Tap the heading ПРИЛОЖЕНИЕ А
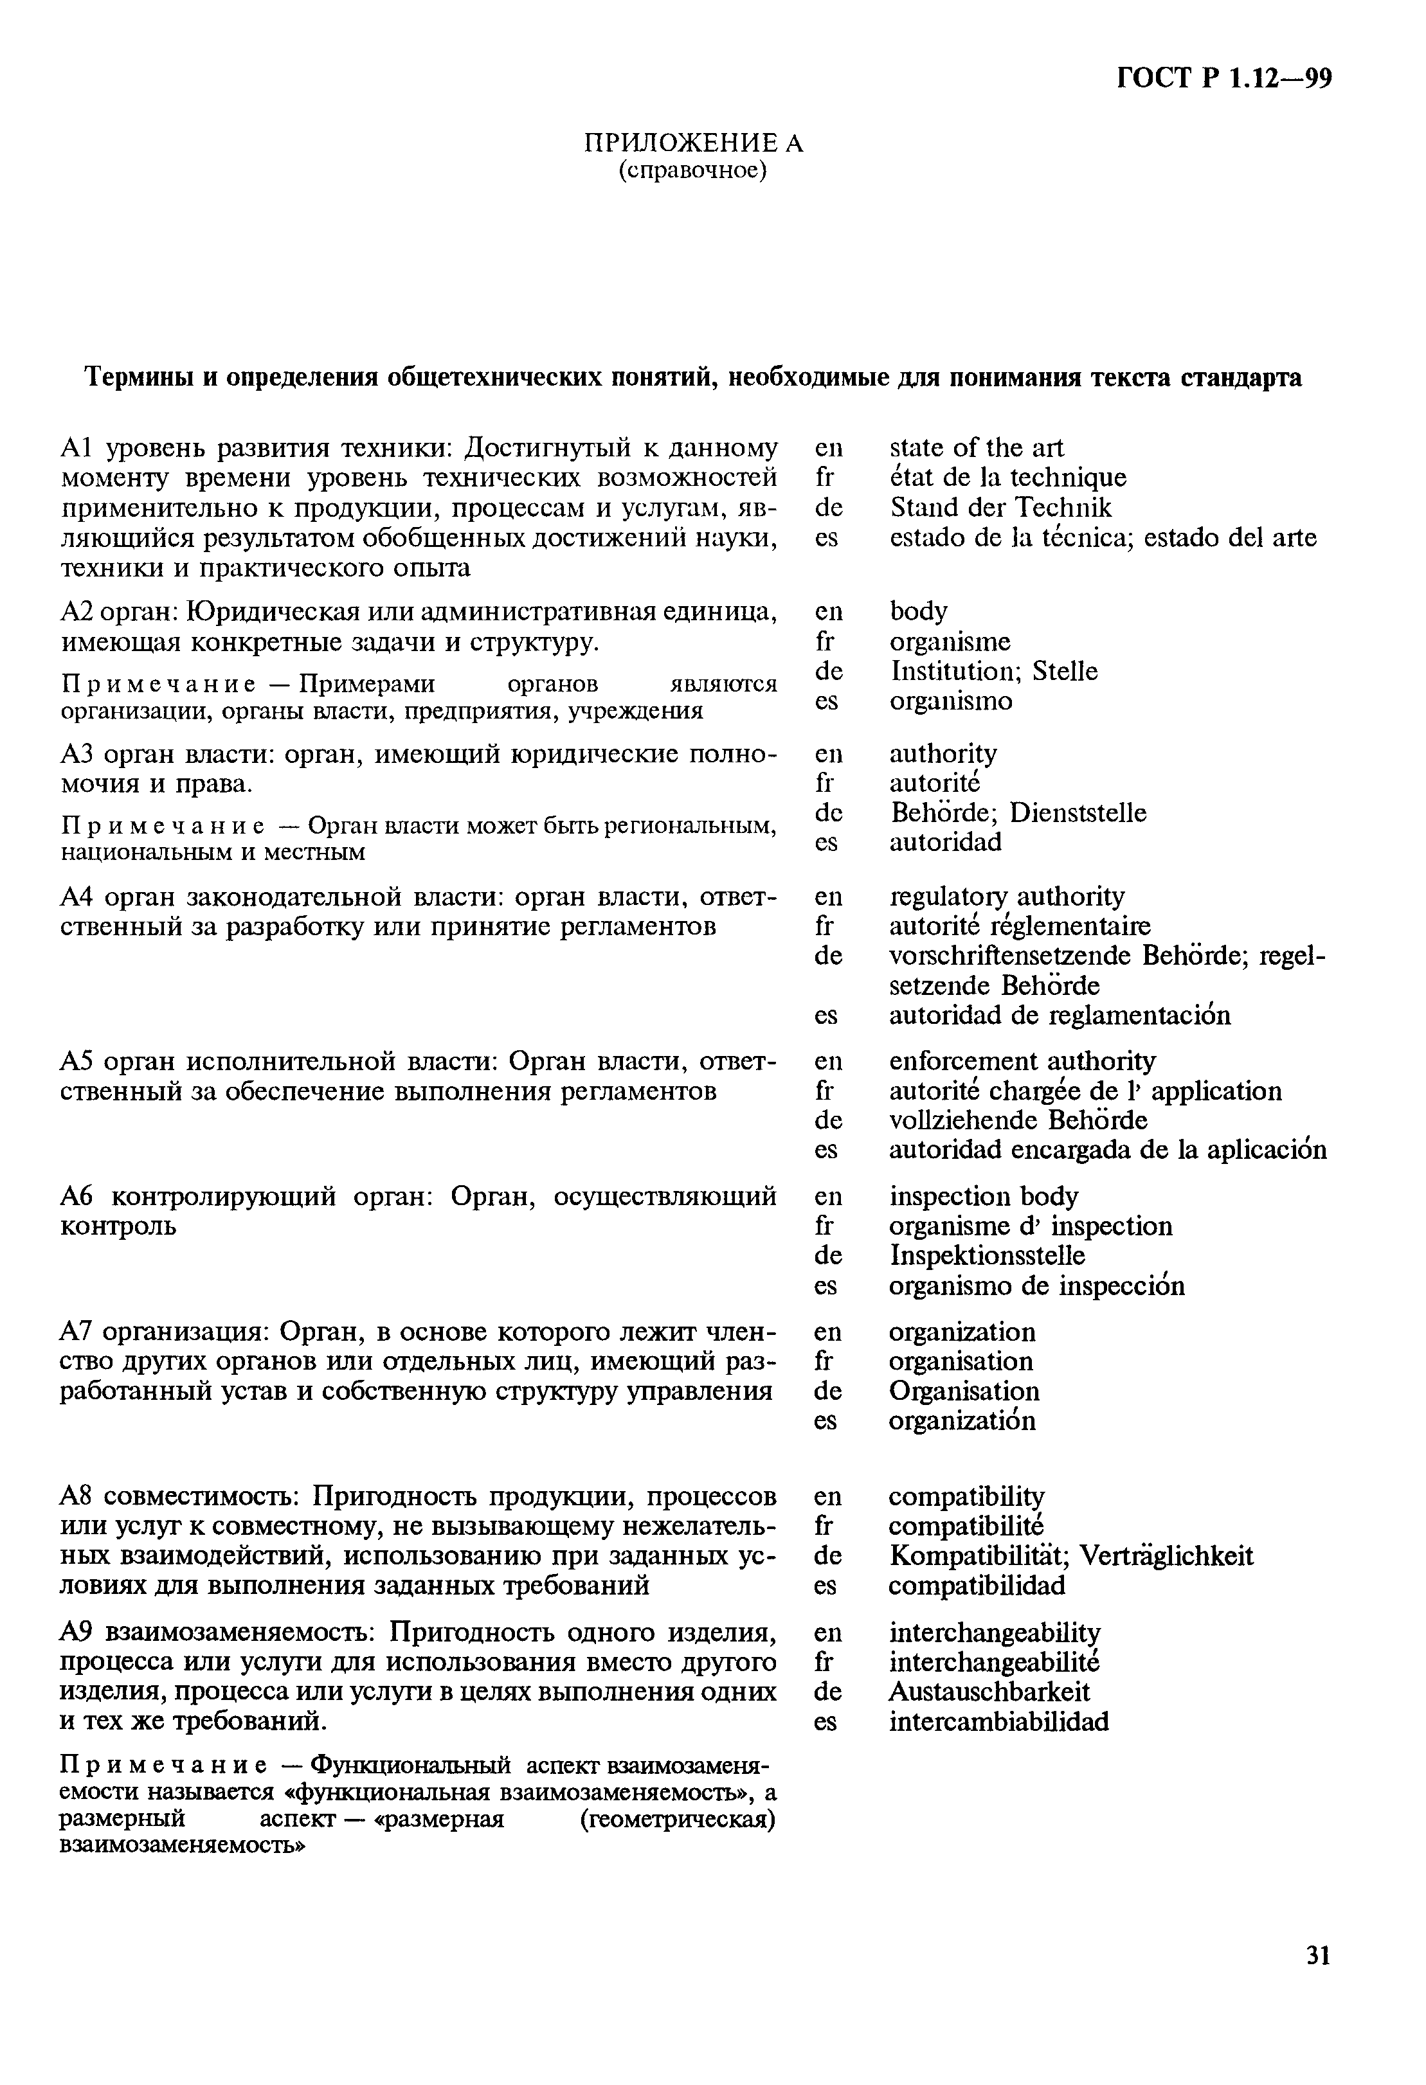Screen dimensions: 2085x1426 (x=694, y=143)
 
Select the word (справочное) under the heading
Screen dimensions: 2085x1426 (x=693, y=170)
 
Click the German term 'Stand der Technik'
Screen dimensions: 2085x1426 (x=1000, y=508)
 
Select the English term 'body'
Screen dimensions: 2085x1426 (x=918, y=611)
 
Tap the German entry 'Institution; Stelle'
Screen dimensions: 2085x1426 (x=993, y=671)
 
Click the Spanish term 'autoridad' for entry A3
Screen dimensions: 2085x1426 (x=945, y=841)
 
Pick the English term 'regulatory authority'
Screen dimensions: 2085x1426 (x=1006, y=896)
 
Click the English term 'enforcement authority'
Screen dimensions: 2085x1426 (x=1022, y=1061)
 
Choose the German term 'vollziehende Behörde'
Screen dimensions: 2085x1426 (x=1018, y=1120)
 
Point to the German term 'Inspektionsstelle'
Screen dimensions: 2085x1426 (x=986, y=1255)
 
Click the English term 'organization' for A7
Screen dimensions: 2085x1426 (x=961, y=1331)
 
